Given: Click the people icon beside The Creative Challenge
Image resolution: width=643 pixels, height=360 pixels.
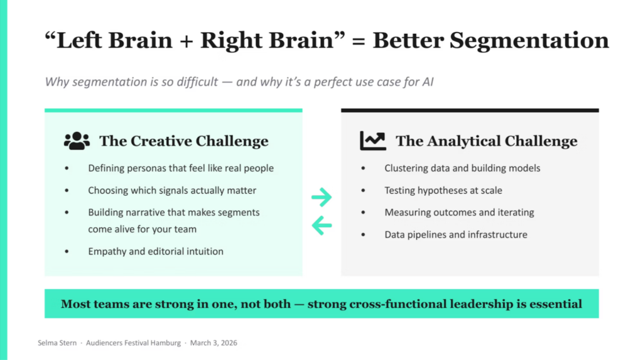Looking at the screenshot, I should tap(77, 141).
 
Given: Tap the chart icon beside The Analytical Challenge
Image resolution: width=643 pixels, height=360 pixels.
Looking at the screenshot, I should tap(373, 141).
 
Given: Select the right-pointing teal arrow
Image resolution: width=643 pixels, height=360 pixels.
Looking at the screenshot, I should tap(321, 197).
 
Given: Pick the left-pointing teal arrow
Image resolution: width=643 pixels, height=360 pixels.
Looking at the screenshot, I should tap(321, 224).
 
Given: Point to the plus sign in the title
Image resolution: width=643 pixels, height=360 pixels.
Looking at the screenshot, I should tap(185, 41).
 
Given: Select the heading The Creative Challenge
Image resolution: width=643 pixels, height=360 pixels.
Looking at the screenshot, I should tap(183, 141).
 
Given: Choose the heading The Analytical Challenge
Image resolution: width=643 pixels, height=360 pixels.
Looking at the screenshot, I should tap(486, 141).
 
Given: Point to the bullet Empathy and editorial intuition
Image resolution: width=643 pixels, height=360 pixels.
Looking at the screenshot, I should tap(155, 251).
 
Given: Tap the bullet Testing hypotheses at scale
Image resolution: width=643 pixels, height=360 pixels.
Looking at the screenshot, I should tap(443, 190).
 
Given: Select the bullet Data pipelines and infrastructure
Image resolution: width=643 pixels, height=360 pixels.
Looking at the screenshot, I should tap(456, 234).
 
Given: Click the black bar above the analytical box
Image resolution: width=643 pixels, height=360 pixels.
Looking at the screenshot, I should tap(470, 111).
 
